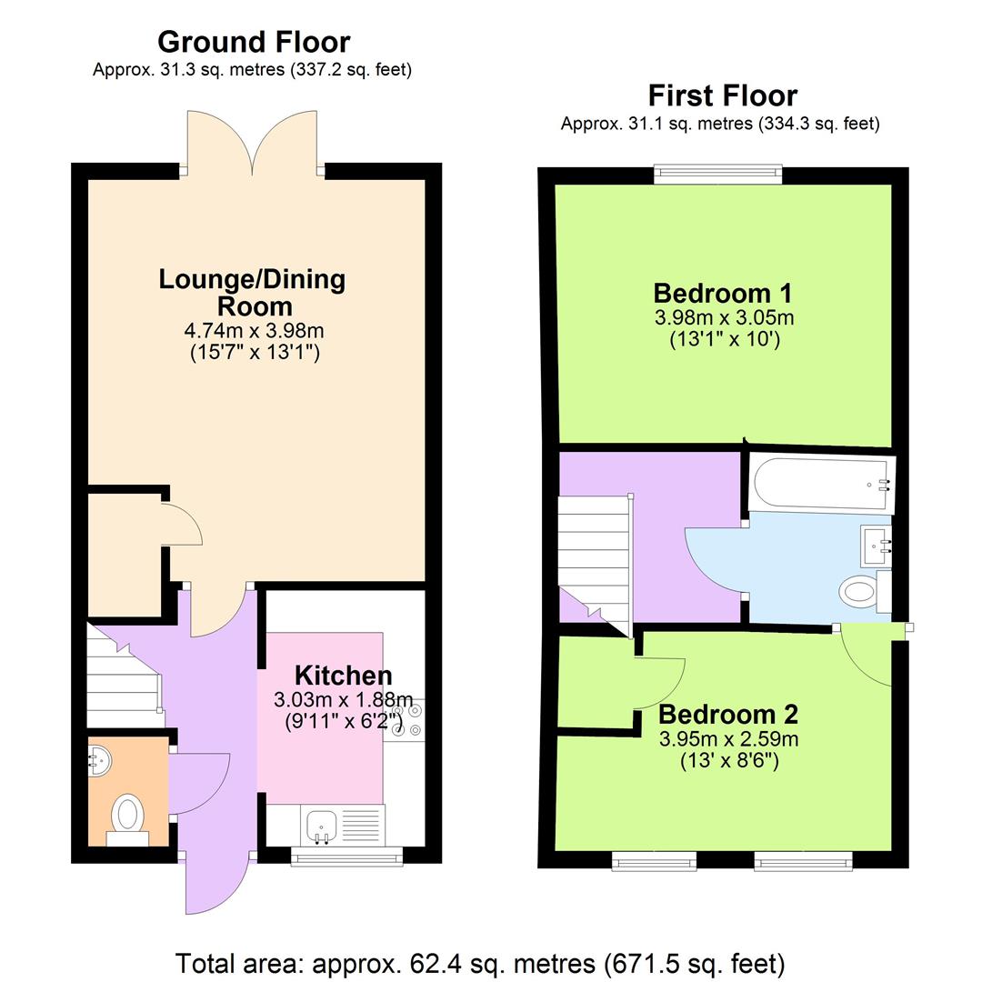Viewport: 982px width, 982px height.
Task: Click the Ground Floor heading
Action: pos(253,42)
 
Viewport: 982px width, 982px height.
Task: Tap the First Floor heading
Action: pos(722,95)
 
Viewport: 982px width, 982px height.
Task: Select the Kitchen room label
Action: pos(343,676)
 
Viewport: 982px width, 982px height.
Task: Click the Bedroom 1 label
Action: pos(722,294)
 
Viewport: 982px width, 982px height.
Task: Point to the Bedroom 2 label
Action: pos(728,714)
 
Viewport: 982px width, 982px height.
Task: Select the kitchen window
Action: pos(346,855)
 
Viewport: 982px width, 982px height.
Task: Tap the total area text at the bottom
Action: pos(479,962)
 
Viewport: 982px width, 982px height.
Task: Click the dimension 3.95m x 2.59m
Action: pos(728,738)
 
